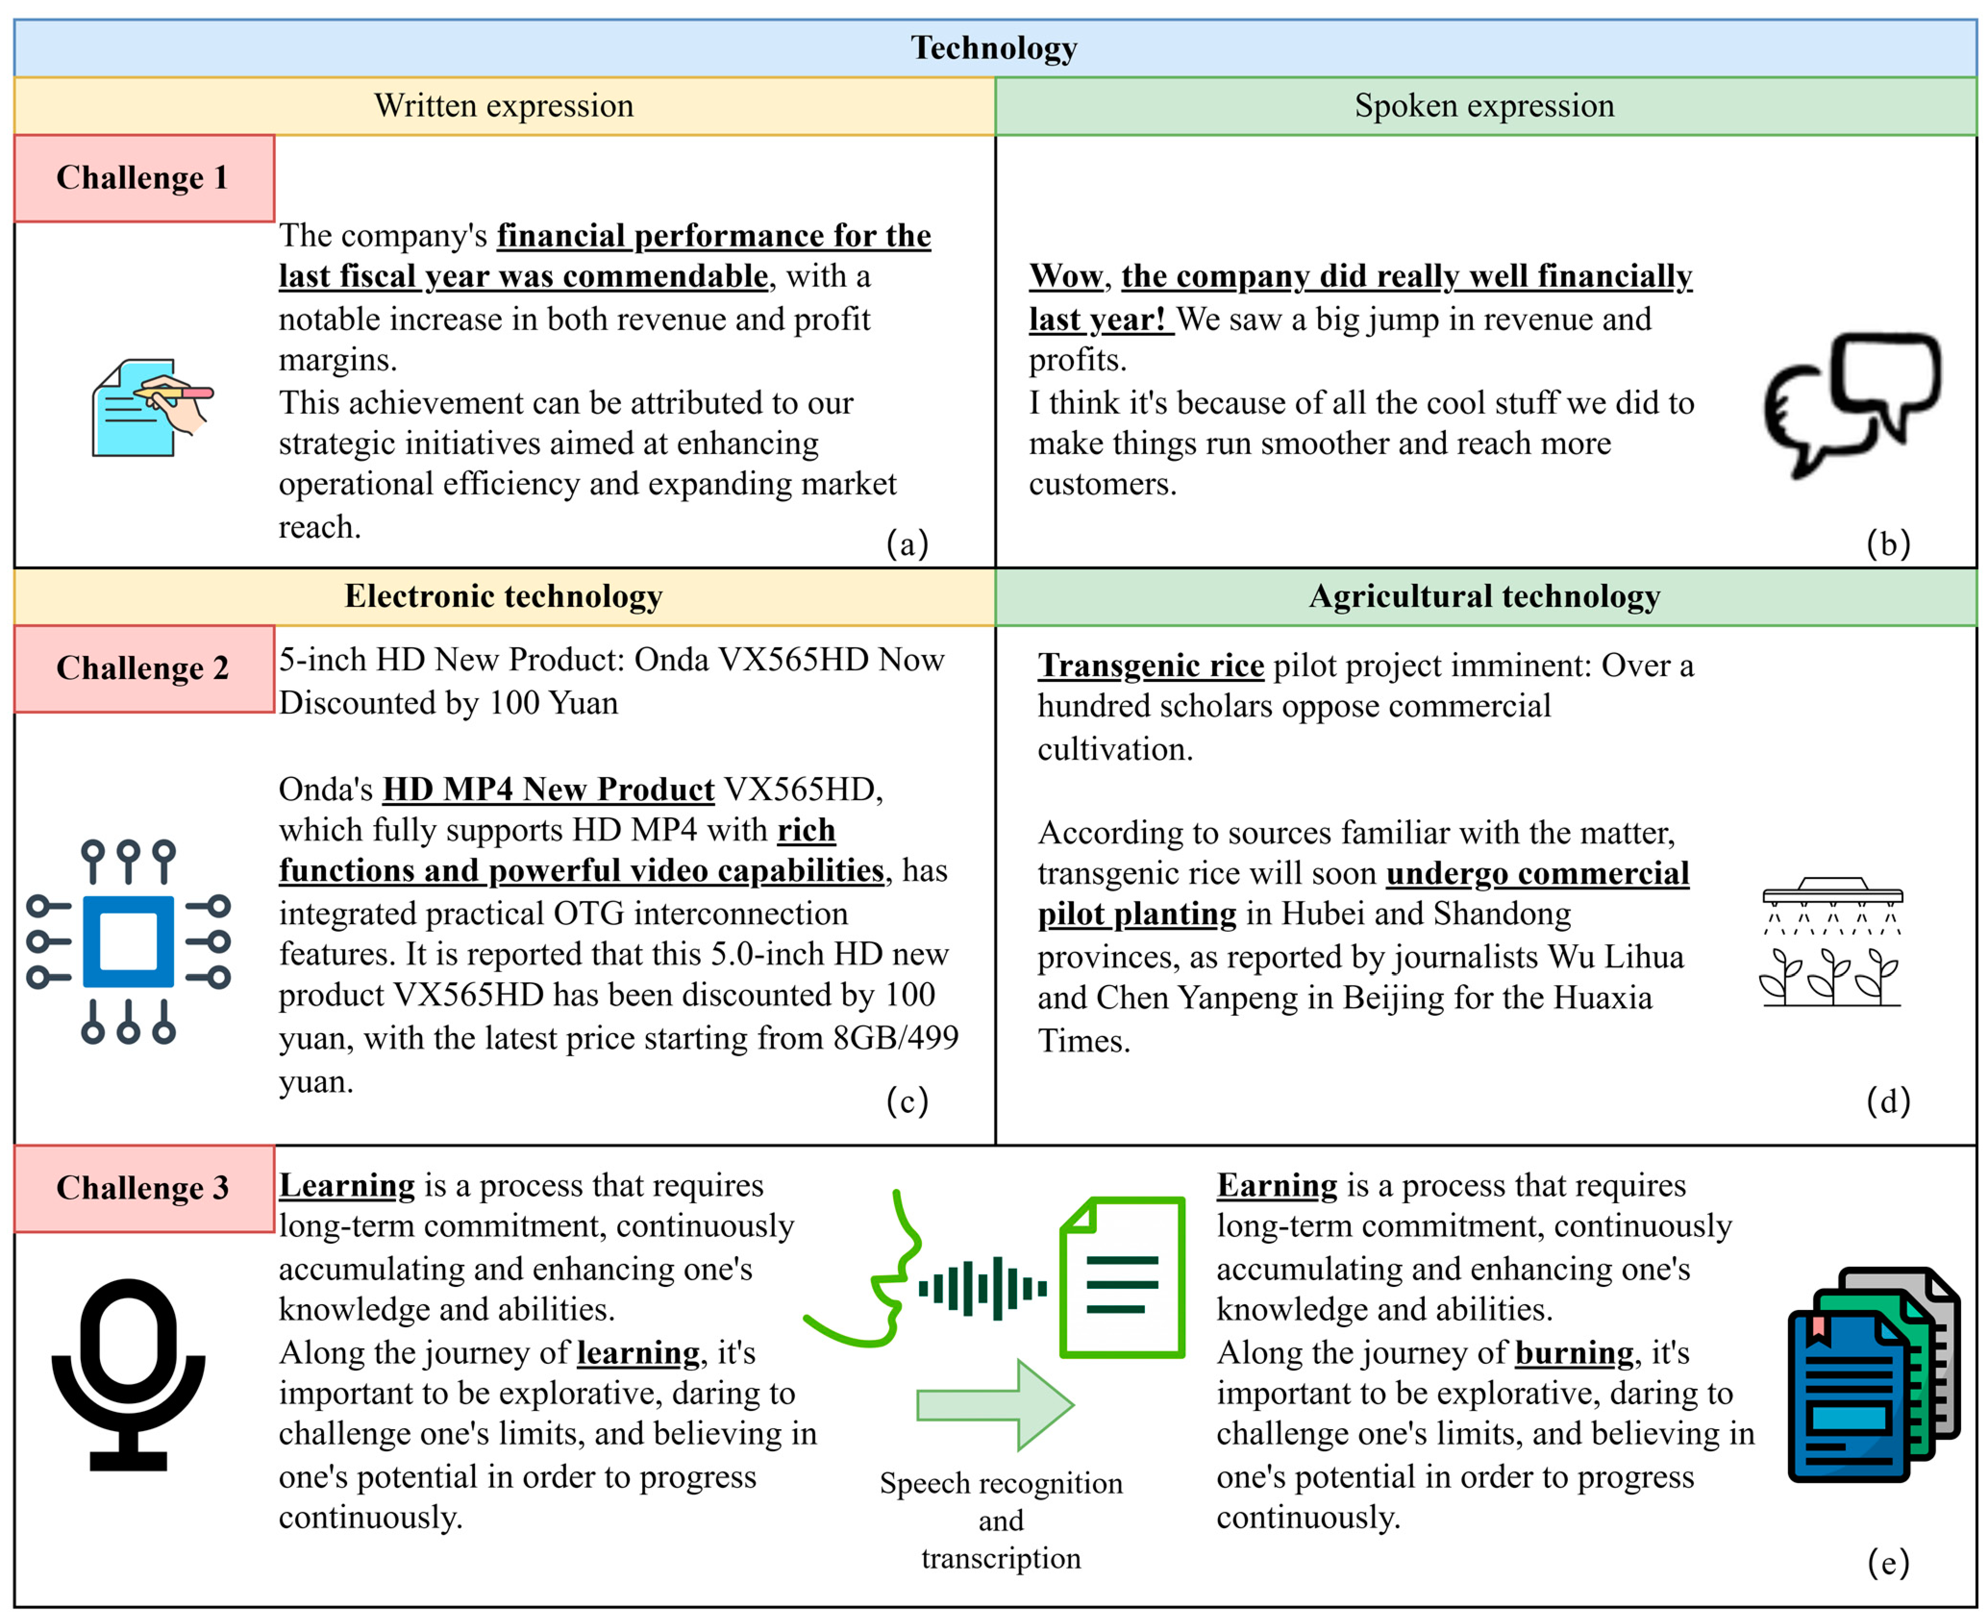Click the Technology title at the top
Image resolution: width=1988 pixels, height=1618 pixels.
pos(994,48)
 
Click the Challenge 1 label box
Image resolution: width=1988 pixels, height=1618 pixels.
pos(144,178)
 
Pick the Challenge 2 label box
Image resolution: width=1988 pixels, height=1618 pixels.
pos(144,668)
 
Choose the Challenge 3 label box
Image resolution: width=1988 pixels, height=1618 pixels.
pos(144,1187)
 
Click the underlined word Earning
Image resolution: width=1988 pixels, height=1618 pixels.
pos(1277,1186)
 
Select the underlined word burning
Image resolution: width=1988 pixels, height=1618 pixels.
pos(1574,1352)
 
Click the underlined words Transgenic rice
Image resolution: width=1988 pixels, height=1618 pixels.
pos(1151,666)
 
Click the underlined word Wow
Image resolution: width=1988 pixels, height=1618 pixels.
pos(1065,277)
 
